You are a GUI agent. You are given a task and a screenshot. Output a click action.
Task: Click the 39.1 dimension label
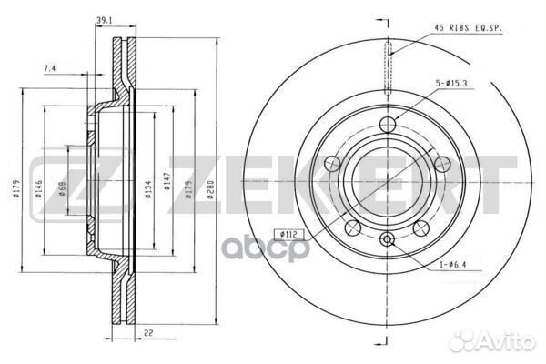104,21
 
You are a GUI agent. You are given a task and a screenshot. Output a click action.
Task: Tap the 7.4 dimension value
49,68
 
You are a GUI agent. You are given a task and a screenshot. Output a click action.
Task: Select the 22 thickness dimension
148,333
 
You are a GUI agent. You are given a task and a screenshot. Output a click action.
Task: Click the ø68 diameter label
63,188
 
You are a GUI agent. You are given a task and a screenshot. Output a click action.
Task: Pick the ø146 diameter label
38,189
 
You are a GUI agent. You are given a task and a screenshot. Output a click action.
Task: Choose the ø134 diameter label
148,189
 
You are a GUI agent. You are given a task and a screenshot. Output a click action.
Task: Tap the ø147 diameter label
167,181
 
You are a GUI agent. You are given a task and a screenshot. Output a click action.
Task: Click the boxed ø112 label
288,235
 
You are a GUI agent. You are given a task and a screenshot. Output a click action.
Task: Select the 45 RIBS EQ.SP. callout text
469,28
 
